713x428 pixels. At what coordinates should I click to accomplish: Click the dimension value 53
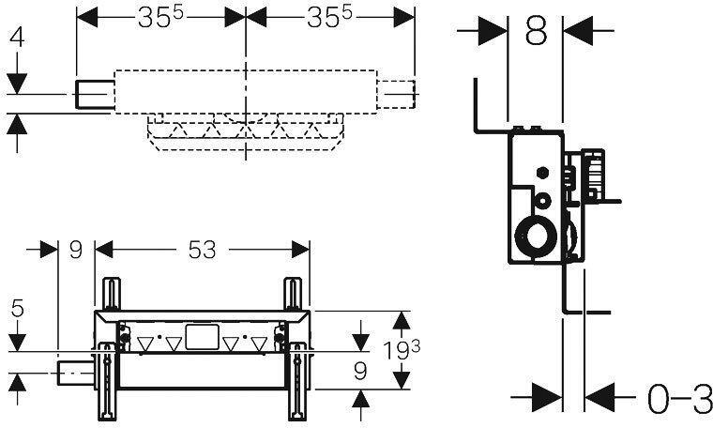tap(202, 250)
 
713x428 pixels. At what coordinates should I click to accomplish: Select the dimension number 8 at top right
tap(536, 31)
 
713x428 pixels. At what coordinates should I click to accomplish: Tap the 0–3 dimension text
tap(680, 399)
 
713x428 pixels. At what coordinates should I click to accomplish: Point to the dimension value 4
tap(17, 38)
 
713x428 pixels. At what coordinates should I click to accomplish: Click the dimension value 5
tap(17, 309)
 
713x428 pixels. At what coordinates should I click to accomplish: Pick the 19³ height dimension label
tap(402, 350)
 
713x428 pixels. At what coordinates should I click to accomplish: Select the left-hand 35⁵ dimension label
tap(160, 17)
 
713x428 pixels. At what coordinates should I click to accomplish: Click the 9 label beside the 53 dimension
tap(76, 250)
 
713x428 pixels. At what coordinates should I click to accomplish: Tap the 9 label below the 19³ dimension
tap(360, 372)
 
